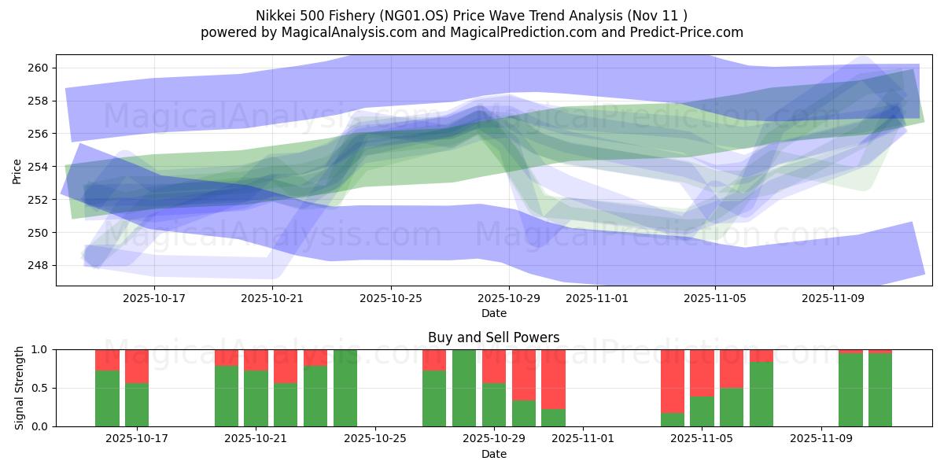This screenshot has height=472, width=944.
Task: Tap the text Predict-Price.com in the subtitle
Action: click(688, 32)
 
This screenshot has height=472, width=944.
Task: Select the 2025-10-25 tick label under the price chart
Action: click(391, 299)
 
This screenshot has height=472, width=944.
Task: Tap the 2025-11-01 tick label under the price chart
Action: click(597, 299)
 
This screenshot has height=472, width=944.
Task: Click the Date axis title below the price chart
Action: click(493, 313)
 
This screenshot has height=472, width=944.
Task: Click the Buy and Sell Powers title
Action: click(493, 337)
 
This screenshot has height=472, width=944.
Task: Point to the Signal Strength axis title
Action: click(20, 388)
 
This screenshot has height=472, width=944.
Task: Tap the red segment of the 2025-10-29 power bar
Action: click(494, 366)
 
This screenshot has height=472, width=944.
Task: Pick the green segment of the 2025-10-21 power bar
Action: click(256, 399)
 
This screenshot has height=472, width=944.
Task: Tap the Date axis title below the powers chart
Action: click(493, 454)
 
